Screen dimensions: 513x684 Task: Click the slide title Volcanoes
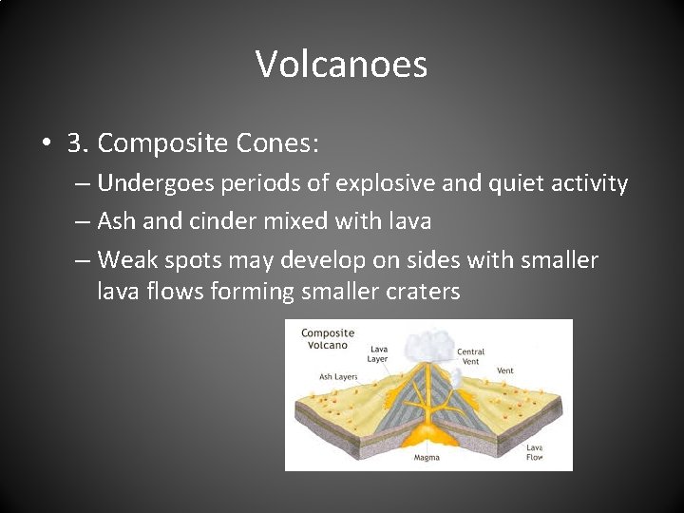click(x=341, y=65)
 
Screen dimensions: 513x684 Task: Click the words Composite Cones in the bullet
click(x=208, y=143)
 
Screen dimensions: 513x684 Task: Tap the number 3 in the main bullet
click(x=76, y=143)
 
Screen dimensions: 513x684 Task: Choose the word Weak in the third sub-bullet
click(x=129, y=260)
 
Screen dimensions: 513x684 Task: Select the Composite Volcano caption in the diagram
click(x=327, y=339)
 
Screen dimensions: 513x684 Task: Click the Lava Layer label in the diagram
click(x=378, y=354)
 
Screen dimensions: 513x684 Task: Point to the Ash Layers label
click(x=338, y=376)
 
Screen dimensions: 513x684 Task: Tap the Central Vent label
click(x=470, y=356)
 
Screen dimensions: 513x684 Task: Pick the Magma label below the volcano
click(x=427, y=458)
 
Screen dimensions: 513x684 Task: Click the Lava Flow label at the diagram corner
click(x=535, y=452)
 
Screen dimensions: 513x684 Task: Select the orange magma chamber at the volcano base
click(x=427, y=436)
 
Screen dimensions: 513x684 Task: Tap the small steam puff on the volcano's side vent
click(x=456, y=377)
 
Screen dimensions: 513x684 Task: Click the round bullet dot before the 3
click(x=47, y=144)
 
